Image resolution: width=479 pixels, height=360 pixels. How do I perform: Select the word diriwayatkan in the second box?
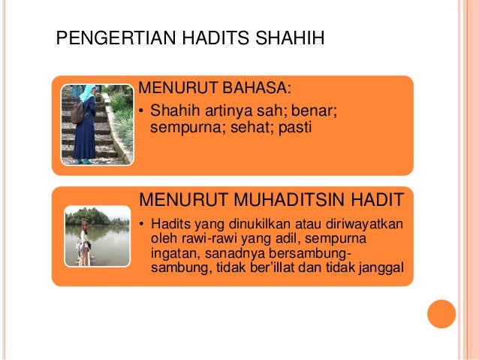pos(363,225)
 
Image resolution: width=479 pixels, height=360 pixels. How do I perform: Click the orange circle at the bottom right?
pos(441,314)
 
